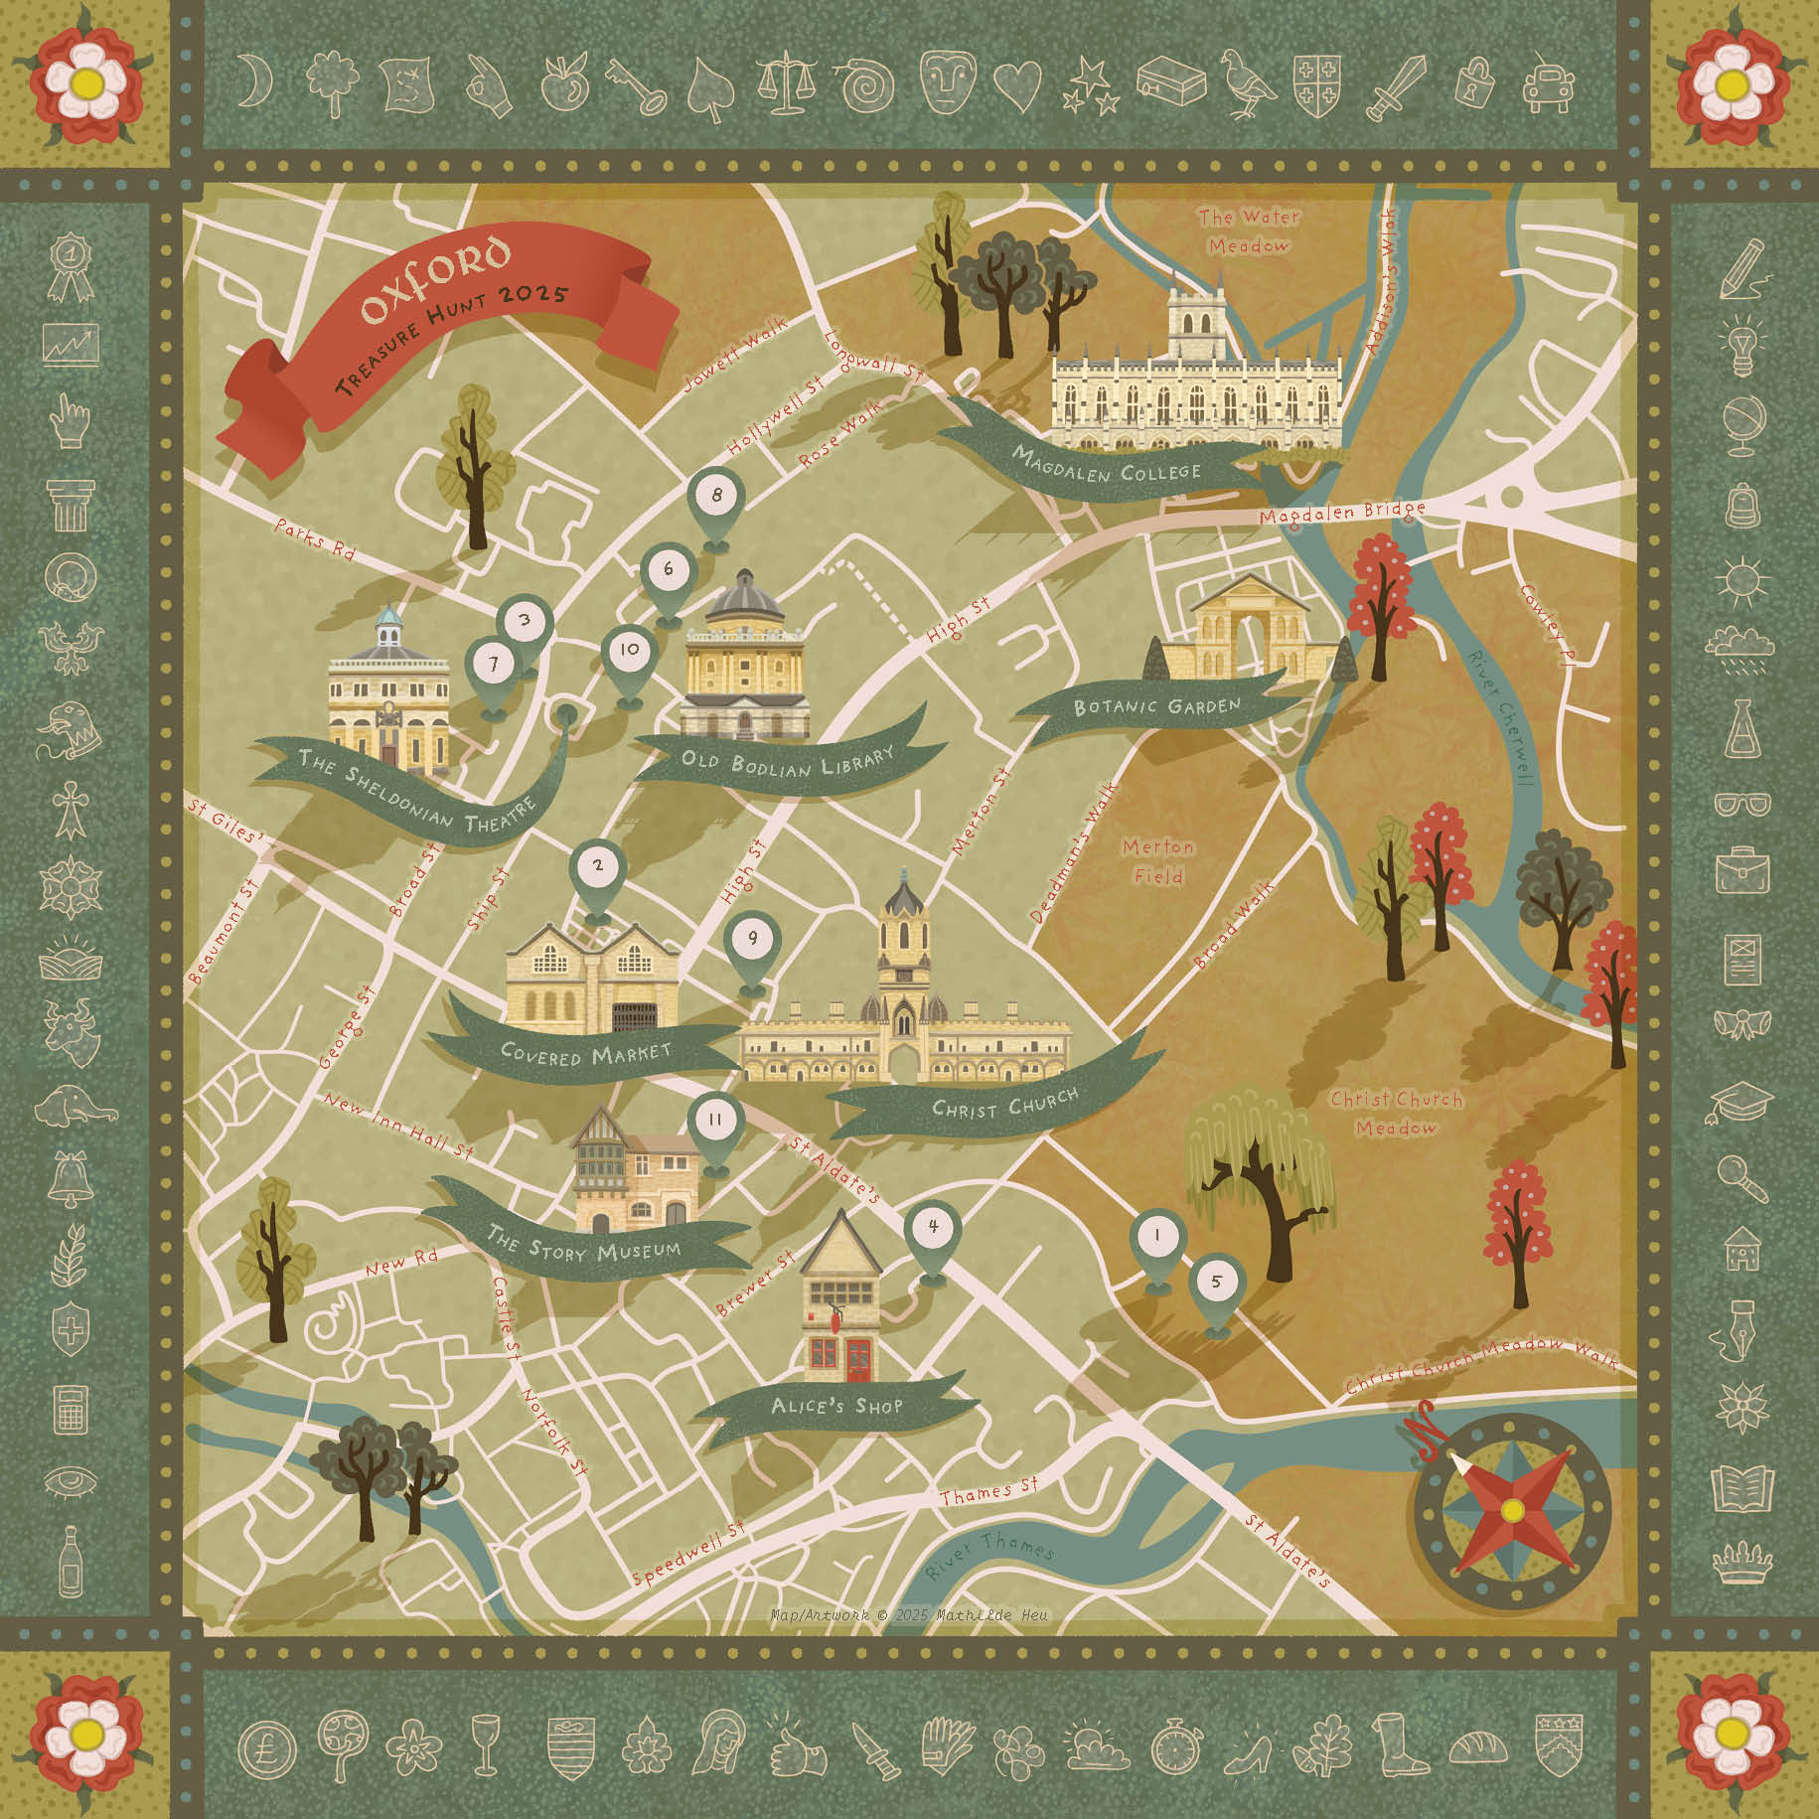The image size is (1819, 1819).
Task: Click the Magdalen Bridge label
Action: click(1341, 514)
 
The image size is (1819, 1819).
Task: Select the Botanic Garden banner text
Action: click(1157, 706)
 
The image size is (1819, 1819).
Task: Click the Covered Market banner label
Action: click(585, 1051)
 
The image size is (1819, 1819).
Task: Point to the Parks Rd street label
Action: click(315, 536)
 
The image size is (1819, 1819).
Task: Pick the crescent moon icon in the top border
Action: click(260, 78)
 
